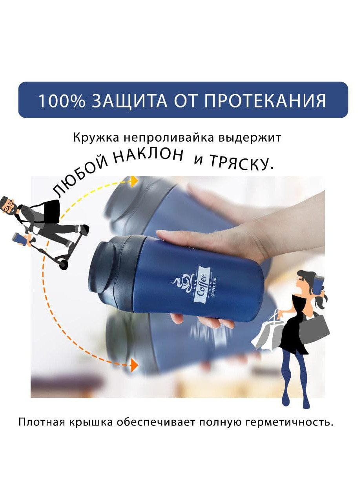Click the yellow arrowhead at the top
(134, 181)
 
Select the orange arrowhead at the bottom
(134, 365)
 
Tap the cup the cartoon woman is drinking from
(318, 284)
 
